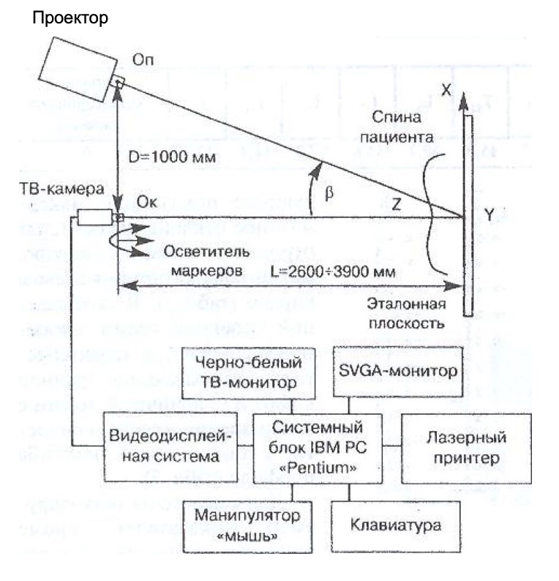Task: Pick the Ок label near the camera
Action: point(143,199)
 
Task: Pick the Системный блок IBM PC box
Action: point(318,446)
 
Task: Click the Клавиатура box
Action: point(395,525)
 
